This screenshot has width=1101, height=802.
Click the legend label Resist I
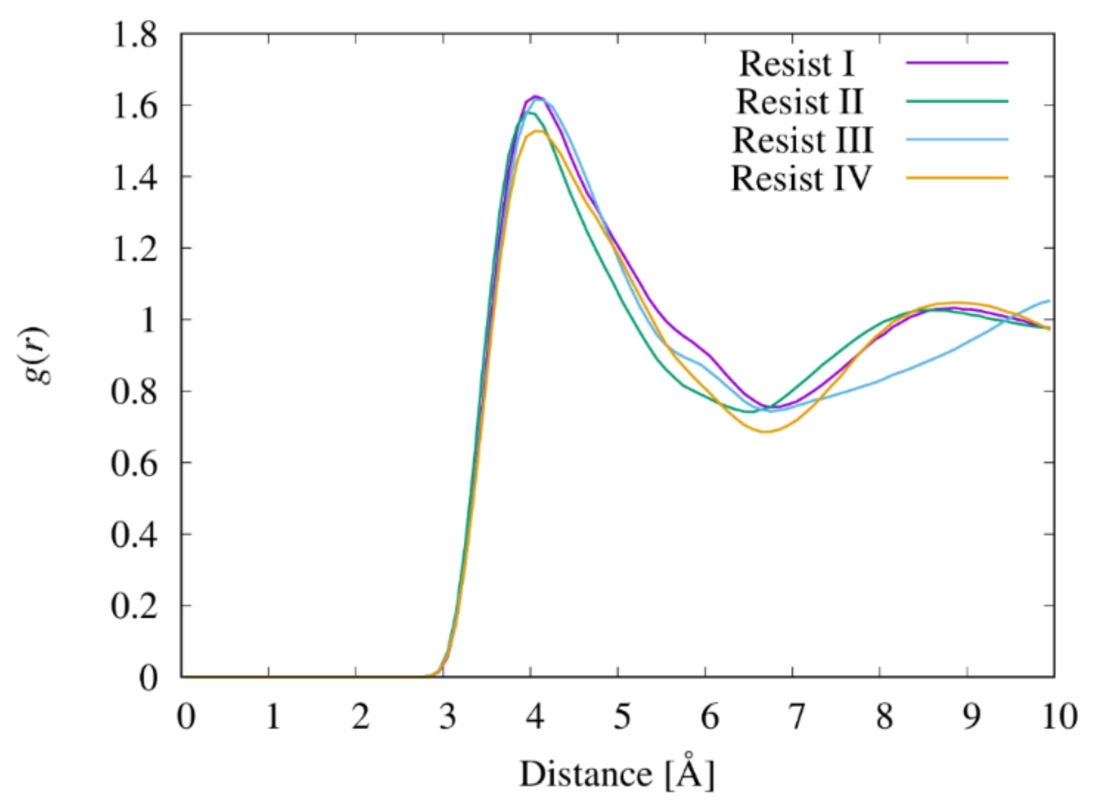point(797,64)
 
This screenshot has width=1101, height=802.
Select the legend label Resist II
point(799,102)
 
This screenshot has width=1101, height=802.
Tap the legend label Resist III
point(802,140)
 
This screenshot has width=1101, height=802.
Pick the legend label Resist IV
point(801,178)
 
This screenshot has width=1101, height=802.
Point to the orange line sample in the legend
point(957,178)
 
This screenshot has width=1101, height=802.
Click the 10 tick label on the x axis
point(1059,717)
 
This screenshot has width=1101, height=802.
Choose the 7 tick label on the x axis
point(796,717)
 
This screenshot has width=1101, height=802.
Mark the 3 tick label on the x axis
point(447,717)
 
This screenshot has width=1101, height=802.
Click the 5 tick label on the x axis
point(622,717)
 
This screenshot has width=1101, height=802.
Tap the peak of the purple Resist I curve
point(535,96)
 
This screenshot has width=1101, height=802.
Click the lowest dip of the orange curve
point(765,431)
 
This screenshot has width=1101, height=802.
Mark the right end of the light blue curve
point(1049,301)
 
